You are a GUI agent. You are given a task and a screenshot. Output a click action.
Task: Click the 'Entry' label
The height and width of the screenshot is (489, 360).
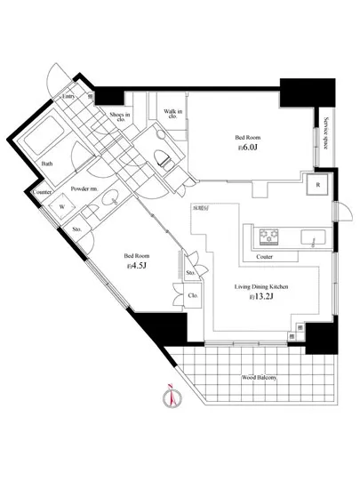68,97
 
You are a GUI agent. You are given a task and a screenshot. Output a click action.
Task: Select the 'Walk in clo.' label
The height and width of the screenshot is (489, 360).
172,113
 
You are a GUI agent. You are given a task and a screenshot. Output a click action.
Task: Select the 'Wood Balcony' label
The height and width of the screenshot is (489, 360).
259,377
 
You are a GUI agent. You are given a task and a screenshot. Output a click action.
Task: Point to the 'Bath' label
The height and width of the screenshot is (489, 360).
46,164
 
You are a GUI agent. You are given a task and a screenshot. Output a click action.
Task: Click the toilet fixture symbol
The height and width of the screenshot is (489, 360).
164,158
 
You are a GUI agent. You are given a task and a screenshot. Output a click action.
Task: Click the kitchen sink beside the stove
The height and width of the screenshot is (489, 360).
314,237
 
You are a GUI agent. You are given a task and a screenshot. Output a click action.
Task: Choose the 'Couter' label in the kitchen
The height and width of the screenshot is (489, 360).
264,257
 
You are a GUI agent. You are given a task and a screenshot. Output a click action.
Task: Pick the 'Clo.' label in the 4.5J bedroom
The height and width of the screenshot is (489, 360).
192,294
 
